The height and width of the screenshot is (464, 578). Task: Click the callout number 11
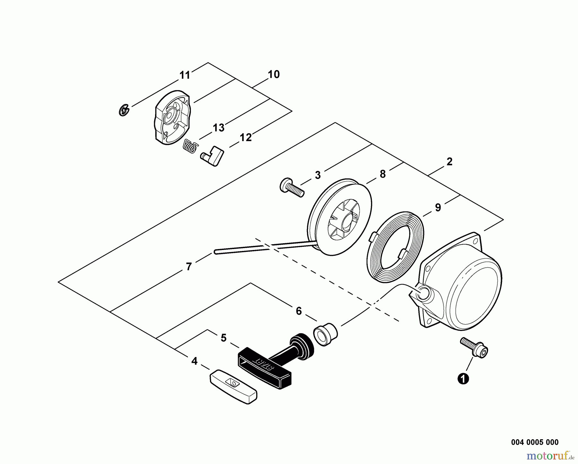tap(185, 76)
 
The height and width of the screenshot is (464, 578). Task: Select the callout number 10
tap(274, 75)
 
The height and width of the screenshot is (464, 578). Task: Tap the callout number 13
tap(219, 128)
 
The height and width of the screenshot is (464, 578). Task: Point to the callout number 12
tap(246, 138)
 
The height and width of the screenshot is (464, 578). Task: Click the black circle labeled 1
tap(463, 379)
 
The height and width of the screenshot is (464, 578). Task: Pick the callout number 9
tap(438, 208)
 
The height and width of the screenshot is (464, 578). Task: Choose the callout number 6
tap(299, 311)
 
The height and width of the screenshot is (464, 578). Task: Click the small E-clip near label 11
tap(124, 110)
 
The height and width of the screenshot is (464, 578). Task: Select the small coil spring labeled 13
tap(189, 146)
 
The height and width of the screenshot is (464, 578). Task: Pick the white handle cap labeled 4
tap(233, 387)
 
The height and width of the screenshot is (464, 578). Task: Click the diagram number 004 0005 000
tap(535, 442)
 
